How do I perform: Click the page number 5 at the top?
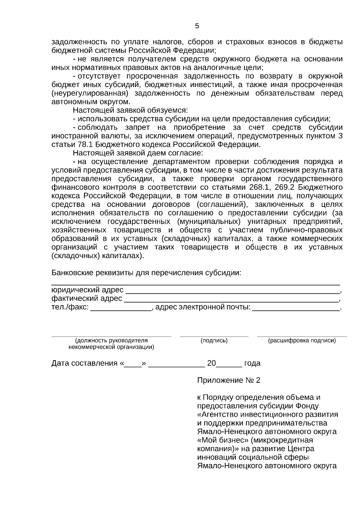[x=197, y=26]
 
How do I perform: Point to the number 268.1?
[x=260, y=188]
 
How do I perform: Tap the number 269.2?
[x=285, y=188]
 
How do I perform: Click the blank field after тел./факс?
[x=121, y=308]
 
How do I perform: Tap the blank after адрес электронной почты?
[x=296, y=308]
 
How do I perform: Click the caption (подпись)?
[x=214, y=341]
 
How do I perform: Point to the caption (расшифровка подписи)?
[x=302, y=341]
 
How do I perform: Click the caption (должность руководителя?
[x=111, y=341]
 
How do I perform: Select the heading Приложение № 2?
[x=229, y=380]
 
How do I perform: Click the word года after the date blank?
[x=252, y=363]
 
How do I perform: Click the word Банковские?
[x=72, y=273]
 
